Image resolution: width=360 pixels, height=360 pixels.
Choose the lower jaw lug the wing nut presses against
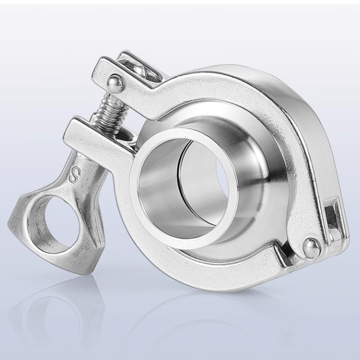(x=84, y=132)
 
